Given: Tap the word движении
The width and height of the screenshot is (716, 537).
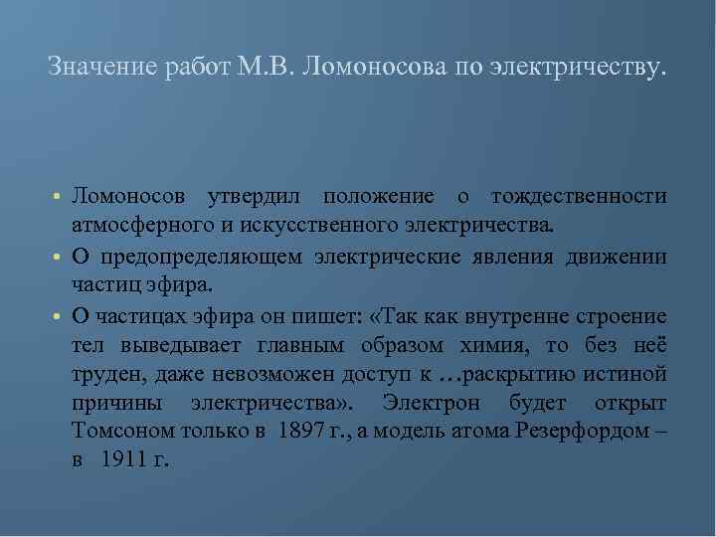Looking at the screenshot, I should point(617,258).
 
